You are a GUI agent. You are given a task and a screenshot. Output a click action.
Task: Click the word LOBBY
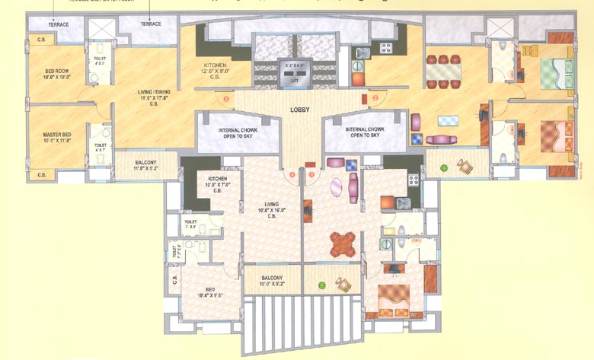coord(299,110)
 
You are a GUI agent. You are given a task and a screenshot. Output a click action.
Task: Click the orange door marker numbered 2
coord(374,98)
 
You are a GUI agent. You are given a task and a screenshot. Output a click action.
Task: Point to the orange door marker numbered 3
coord(225,99)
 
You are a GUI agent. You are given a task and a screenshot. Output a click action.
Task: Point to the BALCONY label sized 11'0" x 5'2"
coord(145,162)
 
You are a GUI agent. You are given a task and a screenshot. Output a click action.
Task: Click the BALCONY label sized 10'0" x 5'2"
coord(272,278)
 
